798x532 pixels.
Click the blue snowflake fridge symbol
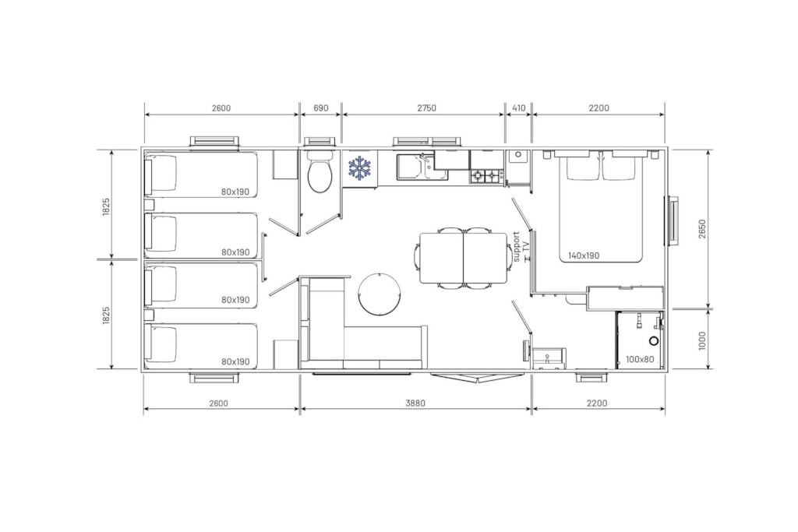point(360,167)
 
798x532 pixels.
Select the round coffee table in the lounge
point(380,294)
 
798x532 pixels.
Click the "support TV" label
point(521,247)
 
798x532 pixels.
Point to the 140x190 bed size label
point(584,255)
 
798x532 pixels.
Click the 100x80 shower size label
point(640,360)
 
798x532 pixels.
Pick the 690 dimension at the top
point(320,107)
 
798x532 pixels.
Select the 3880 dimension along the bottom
point(415,403)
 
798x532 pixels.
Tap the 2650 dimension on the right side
point(702,229)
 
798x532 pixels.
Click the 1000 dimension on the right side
point(702,340)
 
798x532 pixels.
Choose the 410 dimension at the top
point(518,107)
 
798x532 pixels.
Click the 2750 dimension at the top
point(426,107)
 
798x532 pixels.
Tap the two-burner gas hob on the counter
point(487,177)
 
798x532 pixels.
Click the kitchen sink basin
point(410,167)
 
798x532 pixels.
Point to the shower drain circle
point(654,340)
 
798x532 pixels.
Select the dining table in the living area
point(463,258)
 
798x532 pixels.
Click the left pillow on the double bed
point(583,167)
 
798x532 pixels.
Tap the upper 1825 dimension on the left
point(106,206)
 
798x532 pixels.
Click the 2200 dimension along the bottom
point(597,403)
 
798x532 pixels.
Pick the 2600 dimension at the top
point(221,107)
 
